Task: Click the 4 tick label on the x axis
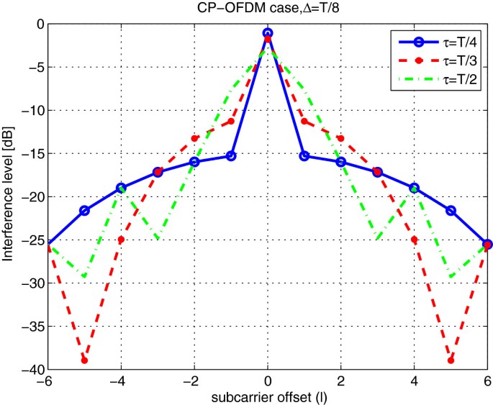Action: (x=414, y=382)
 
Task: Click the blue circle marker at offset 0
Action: (x=268, y=33)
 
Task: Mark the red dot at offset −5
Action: (x=84, y=360)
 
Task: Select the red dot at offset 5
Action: (x=451, y=360)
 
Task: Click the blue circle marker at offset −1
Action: (x=231, y=155)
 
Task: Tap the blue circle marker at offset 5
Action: (x=451, y=210)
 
